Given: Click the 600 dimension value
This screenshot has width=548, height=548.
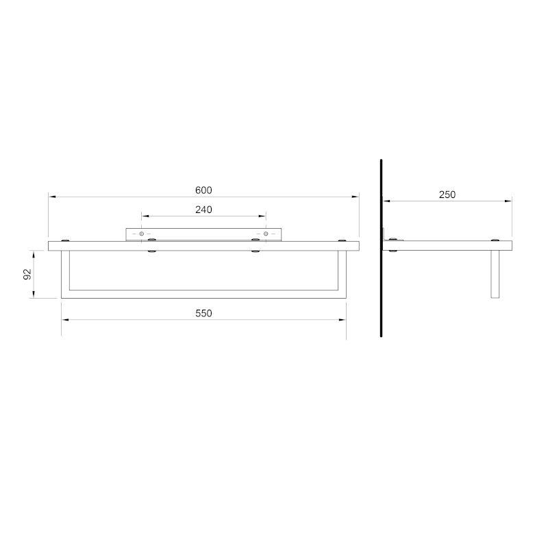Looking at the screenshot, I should pos(203,190).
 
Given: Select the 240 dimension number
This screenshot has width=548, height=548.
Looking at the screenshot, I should pos(203,210).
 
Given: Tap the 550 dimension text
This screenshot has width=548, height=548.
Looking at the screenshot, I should pos(203,313).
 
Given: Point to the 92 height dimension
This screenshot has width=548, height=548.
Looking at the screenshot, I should pos(28,274).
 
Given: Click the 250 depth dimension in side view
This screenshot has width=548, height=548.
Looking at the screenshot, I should pos(447,195).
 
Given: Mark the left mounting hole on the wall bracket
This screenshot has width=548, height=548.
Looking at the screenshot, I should pos(142,234).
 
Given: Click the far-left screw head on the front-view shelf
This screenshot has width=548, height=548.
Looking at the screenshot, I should pos(65,240).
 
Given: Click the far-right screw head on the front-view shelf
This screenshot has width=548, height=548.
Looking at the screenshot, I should pos(342,240).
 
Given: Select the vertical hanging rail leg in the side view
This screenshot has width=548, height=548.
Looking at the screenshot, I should pos(496,275).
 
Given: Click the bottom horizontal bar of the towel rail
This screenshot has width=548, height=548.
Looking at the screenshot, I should pos(203,298).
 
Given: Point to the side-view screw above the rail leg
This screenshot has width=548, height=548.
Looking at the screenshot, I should pos(495,240).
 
